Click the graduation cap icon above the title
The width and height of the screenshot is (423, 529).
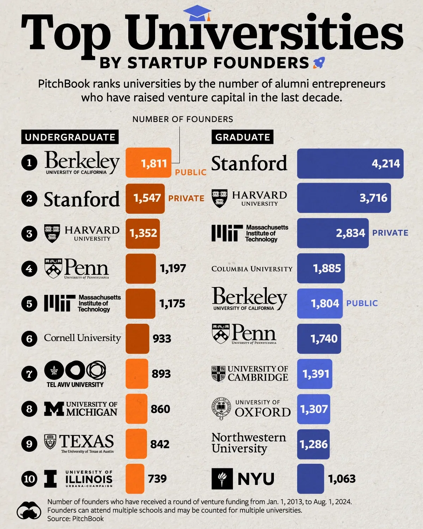(x=197, y=13)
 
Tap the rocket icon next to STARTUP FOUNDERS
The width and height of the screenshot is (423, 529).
(x=319, y=63)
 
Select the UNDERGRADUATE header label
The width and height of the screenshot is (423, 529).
(x=70, y=137)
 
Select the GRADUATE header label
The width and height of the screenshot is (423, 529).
(x=243, y=137)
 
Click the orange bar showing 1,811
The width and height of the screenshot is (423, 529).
(x=148, y=163)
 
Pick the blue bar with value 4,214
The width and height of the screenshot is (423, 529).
(x=350, y=163)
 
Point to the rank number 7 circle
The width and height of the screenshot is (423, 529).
(x=29, y=374)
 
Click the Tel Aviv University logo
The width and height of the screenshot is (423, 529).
(x=75, y=374)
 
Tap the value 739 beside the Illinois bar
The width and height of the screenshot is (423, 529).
(x=157, y=479)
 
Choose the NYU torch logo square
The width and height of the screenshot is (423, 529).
(x=222, y=479)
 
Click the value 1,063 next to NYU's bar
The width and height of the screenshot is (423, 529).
(x=342, y=479)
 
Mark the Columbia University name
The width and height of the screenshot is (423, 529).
(x=252, y=269)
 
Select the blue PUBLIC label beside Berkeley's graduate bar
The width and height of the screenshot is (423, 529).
(x=362, y=303)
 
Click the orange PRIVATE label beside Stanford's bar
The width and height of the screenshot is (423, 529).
(x=186, y=199)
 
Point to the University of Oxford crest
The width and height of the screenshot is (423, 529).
(x=221, y=409)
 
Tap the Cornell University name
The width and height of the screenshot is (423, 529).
(x=82, y=338)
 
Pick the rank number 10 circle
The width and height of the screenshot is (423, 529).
(x=29, y=479)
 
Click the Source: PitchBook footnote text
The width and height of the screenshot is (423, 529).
(x=75, y=518)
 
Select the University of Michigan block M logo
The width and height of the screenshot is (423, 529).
(x=54, y=409)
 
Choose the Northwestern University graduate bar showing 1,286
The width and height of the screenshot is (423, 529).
(x=313, y=444)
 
